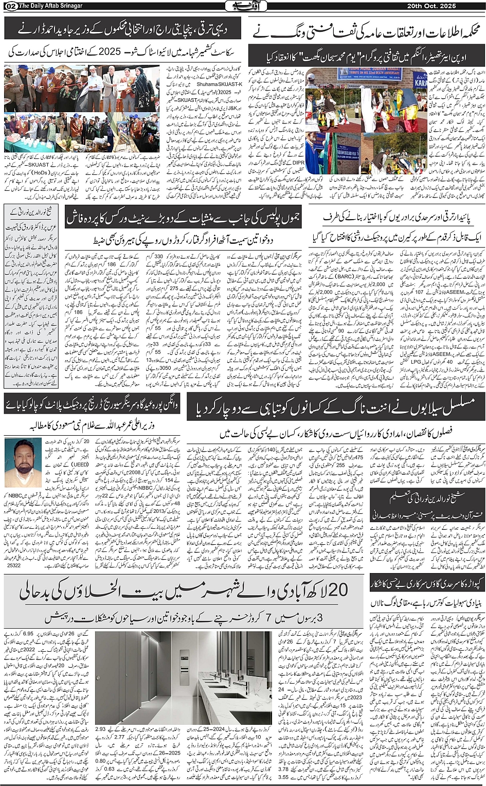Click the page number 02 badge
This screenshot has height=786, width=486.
click(x=10, y=6)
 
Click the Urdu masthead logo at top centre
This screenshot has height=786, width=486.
click(x=243, y=6)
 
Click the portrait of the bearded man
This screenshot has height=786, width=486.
click(x=23, y=462)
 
